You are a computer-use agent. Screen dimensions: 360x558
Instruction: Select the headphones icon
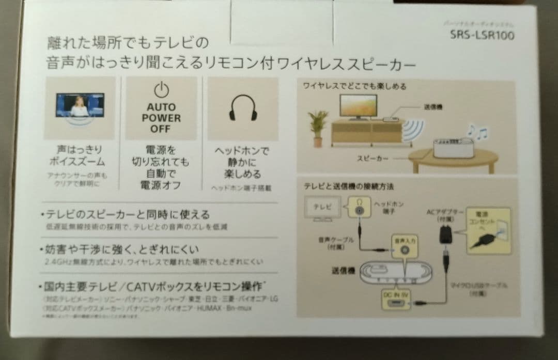pyautogui.click(x=242, y=107)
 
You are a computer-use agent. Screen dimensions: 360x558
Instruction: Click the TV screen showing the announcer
pyautogui.click(x=80, y=105)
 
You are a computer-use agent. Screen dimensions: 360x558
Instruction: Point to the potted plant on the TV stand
pyautogui.click(x=318, y=127)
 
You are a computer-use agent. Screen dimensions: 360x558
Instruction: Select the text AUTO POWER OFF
pyautogui.click(x=161, y=118)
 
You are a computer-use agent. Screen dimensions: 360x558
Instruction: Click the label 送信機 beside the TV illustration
pyautogui.click(x=433, y=107)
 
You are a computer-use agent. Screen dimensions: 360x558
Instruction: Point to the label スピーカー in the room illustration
pyautogui.click(x=373, y=159)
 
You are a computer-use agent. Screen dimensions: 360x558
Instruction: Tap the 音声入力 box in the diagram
pyautogui.click(x=405, y=245)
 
